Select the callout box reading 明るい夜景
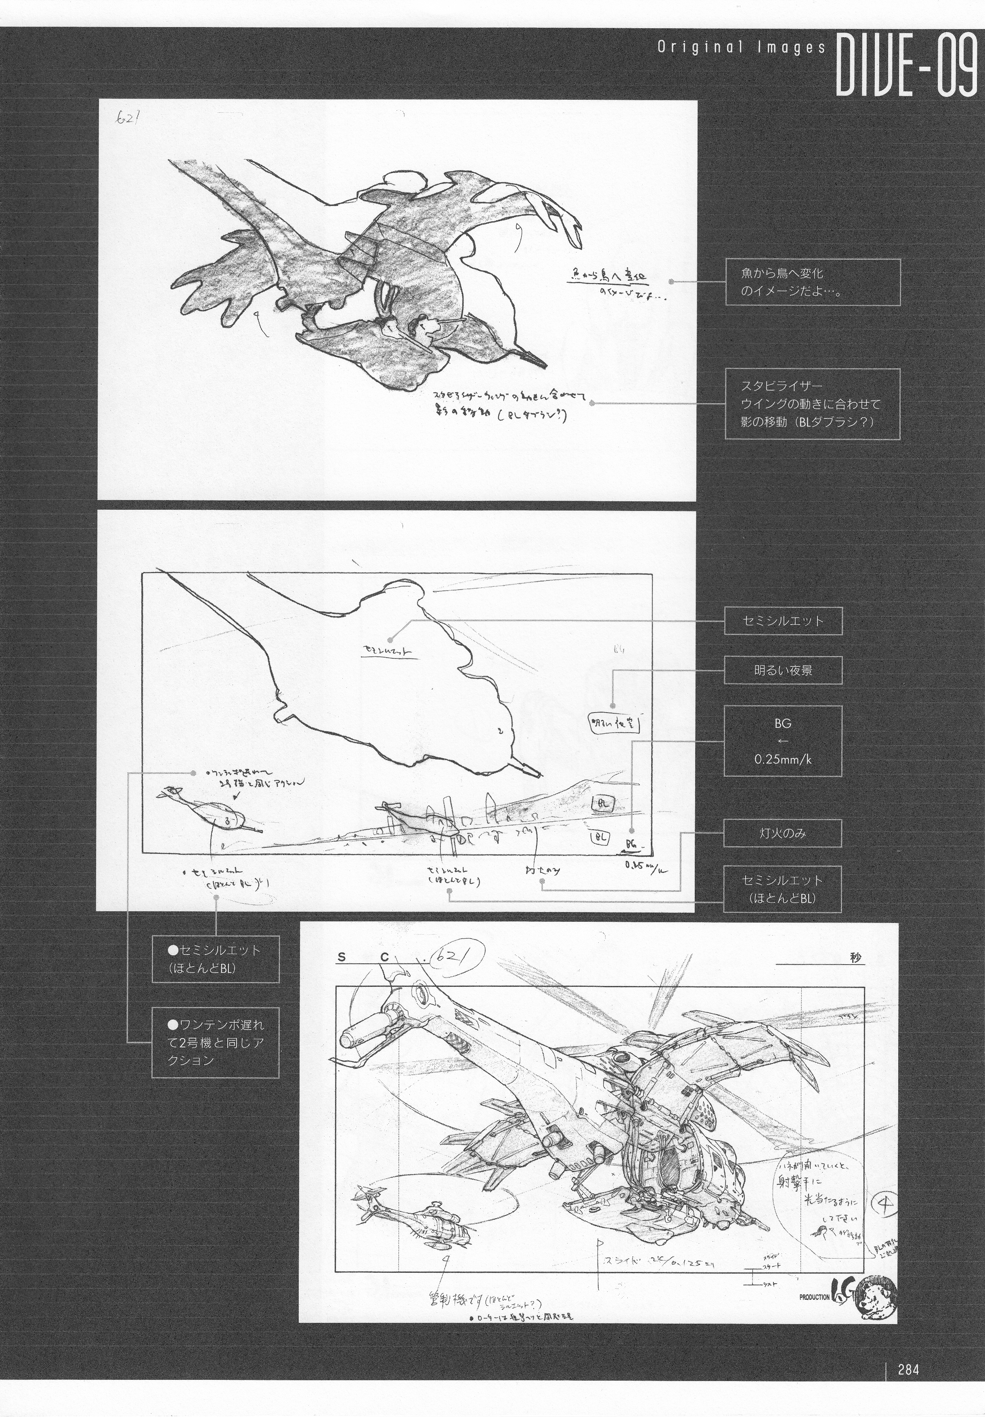[783, 670]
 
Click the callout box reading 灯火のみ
[783, 833]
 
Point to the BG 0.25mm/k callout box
[783, 740]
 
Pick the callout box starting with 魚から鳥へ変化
[812, 282]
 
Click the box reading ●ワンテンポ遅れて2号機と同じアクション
[215, 1043]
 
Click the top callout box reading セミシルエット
[783, 621]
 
